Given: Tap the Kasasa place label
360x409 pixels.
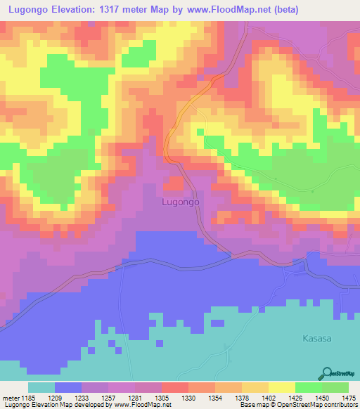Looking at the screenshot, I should click(316, 338).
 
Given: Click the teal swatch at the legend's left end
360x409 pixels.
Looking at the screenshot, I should click(41, 387).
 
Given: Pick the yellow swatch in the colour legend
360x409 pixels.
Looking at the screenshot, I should click(282, 387).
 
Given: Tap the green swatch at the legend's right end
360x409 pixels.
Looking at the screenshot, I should click(335, 387).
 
